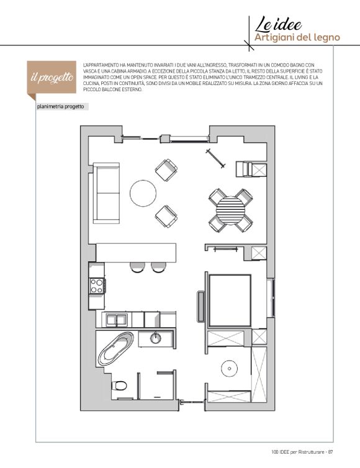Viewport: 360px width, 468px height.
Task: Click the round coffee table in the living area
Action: pyautogui.click(x=143, y=193)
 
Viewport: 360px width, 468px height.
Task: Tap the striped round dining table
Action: pyautogui.click(x=230, y=210)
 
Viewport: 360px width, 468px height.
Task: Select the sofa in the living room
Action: pyautogui.click(x=107, y=193)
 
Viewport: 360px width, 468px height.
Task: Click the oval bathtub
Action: pyautogui.click(x=116, y=349)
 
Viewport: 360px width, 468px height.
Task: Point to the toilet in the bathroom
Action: pyautogui.click(x=119, y=385)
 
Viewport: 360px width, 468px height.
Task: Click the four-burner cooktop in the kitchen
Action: pyautogui.click(x=97, y=286)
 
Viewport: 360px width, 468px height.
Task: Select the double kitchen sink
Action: pyautogui.click(x=116, y=320)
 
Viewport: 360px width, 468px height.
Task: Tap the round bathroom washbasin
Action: pyautogui.click(x=155, y=338)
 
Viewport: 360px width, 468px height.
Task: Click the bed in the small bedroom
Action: pyautogui.click(x=230, y=300)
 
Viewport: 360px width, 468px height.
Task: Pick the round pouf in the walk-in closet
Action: pyautogui.click(x=229, y=369)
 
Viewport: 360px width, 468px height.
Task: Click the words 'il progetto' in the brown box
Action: pyautogui.click(x=52, y=78)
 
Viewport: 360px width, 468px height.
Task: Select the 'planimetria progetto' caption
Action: pyautogui.click(x=61, y=107)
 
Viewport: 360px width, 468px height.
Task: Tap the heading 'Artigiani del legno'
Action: pyautogui.click(x=297, y=38)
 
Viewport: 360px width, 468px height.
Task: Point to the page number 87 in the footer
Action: pyautogui.click(x=330, y=452)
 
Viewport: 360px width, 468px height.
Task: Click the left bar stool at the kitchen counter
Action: pyautogui.click(x=137, y=267)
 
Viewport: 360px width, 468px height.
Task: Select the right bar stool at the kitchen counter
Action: pyautogui.click(x=158, y=267)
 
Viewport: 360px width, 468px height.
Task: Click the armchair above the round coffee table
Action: pyautogui.click(x=166, y=170)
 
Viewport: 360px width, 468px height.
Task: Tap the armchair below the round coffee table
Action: pyautogui.click(x=166, y=216)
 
